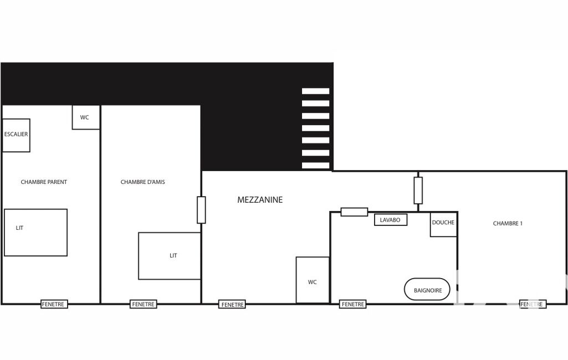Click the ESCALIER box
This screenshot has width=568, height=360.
click(16, 135)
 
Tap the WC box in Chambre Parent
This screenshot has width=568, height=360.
click(86, 117)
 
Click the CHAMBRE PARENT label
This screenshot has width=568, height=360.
click(44, 182)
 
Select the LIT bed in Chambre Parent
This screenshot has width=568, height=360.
click(35, 233)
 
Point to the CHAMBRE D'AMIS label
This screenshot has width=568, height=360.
click(143, 182)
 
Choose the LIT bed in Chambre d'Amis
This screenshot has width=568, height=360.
click(170, 256)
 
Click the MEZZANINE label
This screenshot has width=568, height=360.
click(260, 199)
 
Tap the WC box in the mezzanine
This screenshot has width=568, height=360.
click(313, 280)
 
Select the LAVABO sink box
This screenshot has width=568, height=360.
click(391, 220)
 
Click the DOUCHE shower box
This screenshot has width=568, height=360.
click(443, 224)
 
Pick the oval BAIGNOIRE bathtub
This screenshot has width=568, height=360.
click(427, 289)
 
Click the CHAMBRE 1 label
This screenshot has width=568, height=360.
click(508, 223)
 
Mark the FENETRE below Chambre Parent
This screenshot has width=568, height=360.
click(54, 304)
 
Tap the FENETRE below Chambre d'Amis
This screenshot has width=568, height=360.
click(143, 304)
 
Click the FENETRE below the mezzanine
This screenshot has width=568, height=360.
click(232, 304)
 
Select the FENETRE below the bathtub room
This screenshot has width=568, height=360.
click(352, 304)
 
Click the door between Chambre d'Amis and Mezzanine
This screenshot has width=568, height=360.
click(201, 210)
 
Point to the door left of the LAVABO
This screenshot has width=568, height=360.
click(354, 212)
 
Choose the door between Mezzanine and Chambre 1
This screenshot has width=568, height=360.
click(418, 190)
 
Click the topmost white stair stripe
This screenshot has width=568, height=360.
click(315, 91)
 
